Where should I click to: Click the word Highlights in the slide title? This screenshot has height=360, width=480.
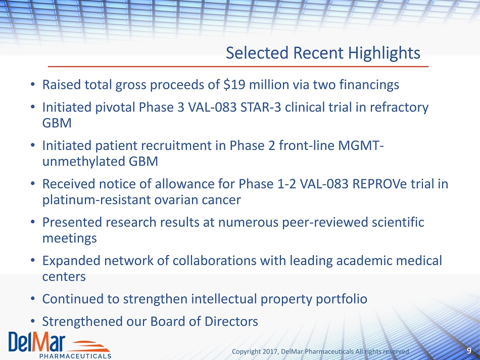click(384, 54)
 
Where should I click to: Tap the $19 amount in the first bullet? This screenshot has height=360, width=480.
click(234, 85)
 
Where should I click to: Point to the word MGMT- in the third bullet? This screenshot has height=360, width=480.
click(361, 145)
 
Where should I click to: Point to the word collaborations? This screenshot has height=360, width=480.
click(214, 261)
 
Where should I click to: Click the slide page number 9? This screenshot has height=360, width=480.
click(469, 351)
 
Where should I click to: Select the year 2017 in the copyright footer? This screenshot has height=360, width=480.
click(272, 352)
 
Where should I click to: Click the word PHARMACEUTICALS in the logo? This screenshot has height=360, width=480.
click(75, 356)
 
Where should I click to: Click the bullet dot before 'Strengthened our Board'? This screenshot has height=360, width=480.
click(33, 322)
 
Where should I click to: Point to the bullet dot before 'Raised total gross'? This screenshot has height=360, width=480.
click(33, 84)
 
